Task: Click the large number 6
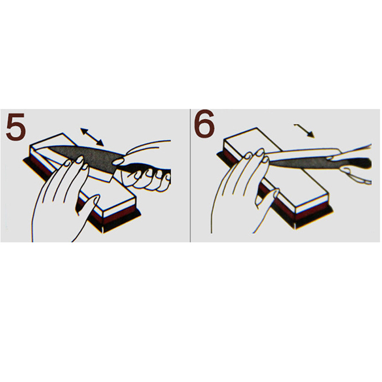click(x=204, y=125)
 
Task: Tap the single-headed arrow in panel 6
click(x=305, y=131)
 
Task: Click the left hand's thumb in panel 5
click(x=88, y=207)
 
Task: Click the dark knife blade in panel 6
click(x=300, y=162)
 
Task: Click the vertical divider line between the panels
click(x=190, y=175)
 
